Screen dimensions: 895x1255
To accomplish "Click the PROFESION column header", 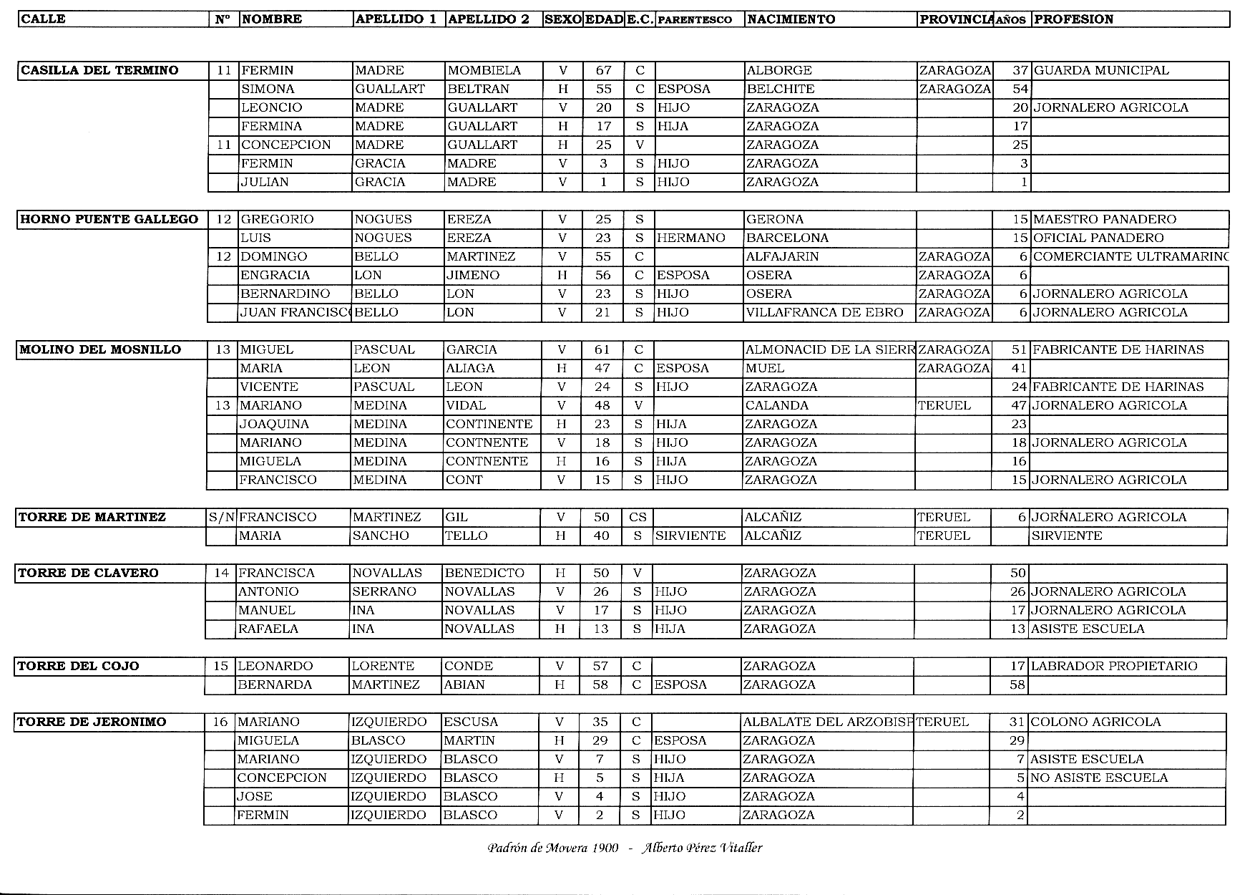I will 1074,19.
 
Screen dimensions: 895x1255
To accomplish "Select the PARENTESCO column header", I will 694,20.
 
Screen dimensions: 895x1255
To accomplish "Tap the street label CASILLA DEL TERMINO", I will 99,70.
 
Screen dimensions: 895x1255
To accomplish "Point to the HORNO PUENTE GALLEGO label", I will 109,219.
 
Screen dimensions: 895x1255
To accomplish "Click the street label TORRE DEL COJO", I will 79,666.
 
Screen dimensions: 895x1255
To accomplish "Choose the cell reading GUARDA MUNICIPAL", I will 1101,70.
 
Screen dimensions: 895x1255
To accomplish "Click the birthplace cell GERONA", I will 775,219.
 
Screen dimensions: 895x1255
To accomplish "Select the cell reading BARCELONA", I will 787,238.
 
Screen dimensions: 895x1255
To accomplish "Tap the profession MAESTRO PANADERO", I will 1105,219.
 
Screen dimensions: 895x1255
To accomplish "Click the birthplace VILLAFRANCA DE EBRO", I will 824,312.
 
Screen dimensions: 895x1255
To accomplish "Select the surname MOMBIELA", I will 484,70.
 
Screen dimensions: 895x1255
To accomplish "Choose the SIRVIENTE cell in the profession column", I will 1067,536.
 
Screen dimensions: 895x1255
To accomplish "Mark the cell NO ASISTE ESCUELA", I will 1099,778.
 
